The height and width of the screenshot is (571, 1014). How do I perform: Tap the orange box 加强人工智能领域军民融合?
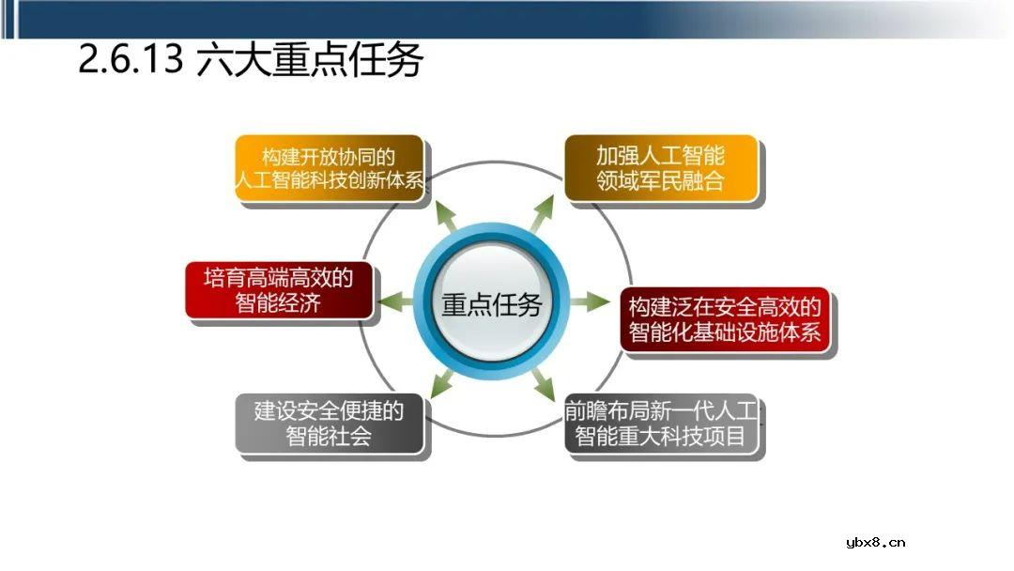pyautogui.click(x=660, y=168)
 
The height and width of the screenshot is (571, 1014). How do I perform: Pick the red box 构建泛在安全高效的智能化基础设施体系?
pyautogui.click(x=725, y=319)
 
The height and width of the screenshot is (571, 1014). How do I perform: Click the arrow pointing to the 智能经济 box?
pyautogui.click(x=395, y=302)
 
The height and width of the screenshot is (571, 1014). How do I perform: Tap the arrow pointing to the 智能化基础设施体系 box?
pyautogui.click(x=590, y=302)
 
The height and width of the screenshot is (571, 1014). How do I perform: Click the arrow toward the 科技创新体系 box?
pyautogui.click(x=444, y=216)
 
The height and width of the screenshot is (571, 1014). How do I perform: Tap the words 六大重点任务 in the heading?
pyautogui.click(x=310, y=61)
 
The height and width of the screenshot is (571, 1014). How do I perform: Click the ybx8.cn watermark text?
pyautogui.click(x=875, y=542)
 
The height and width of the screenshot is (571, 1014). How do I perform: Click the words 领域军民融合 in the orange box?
pyautogui.click(x=660, y=181)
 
